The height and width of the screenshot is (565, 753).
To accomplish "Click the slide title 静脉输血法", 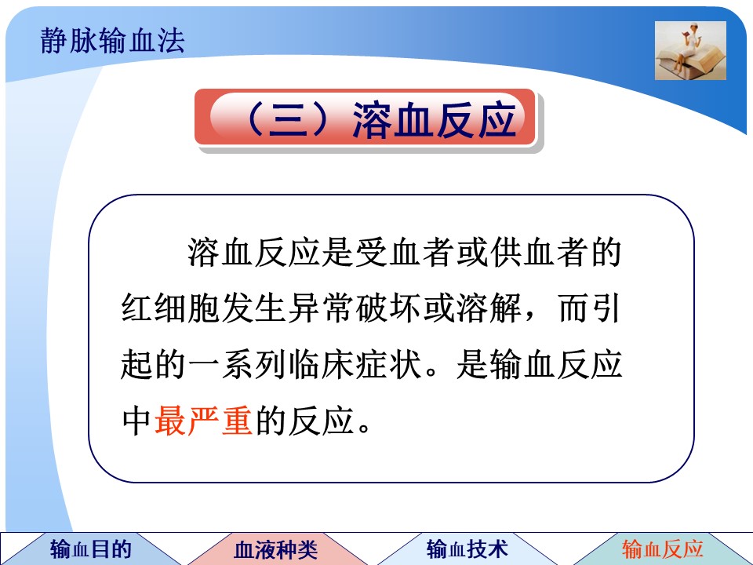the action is coord(112,40).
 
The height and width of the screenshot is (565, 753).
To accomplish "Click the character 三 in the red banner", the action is coord(289,120).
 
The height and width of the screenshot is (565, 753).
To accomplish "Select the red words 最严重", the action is coord(204,421).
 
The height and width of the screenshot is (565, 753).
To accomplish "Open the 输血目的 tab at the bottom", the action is coord(91,549).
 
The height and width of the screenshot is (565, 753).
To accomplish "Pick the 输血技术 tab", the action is coord(467,549).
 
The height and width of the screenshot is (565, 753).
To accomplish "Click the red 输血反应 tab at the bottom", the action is coord(663,549).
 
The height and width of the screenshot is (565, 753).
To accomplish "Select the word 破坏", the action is coord(388,308).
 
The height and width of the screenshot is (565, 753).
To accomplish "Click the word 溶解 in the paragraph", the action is coord(489,308).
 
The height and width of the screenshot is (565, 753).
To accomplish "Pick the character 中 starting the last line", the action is coord(136,421).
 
